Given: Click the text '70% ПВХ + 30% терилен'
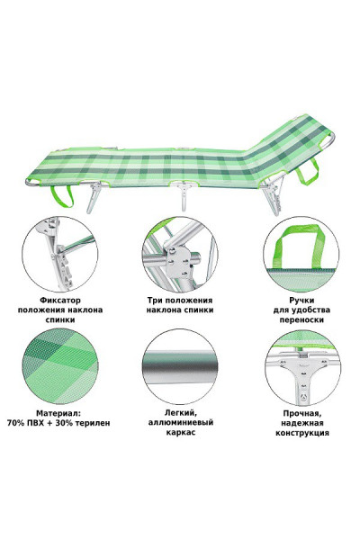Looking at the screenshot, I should tap(58, 422).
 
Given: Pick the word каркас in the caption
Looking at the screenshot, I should tap(180, 433).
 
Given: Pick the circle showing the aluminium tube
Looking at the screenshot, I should tap(180, 364).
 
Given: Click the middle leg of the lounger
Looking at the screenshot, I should tap(184, 201).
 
